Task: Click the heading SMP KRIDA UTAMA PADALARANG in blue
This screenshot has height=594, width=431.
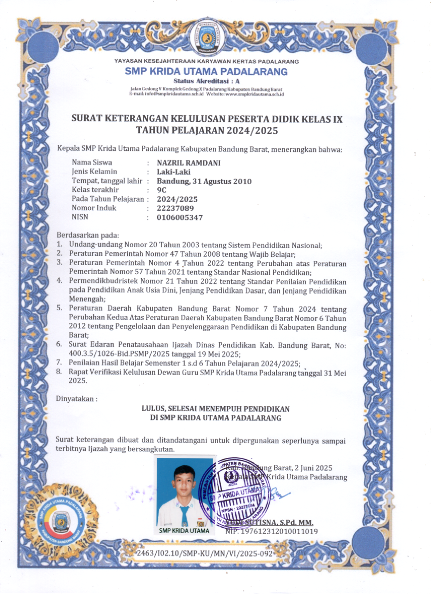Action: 206,72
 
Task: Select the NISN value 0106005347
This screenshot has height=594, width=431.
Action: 180,217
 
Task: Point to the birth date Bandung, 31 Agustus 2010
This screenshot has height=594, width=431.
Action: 204,181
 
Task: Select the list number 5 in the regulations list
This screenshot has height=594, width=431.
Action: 59,308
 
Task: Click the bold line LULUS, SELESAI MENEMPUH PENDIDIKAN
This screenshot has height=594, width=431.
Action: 216,409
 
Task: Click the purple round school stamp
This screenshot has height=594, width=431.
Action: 233,492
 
